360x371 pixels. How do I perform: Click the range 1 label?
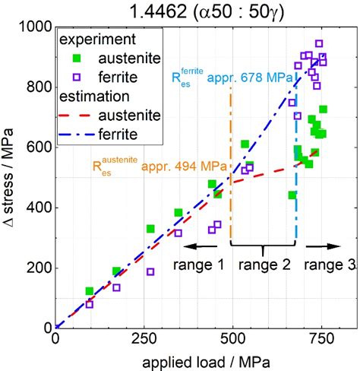[x=200, y=265]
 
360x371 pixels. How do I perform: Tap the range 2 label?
[x=264, y=265]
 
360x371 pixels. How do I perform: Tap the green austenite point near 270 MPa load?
[x=150, y=228]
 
